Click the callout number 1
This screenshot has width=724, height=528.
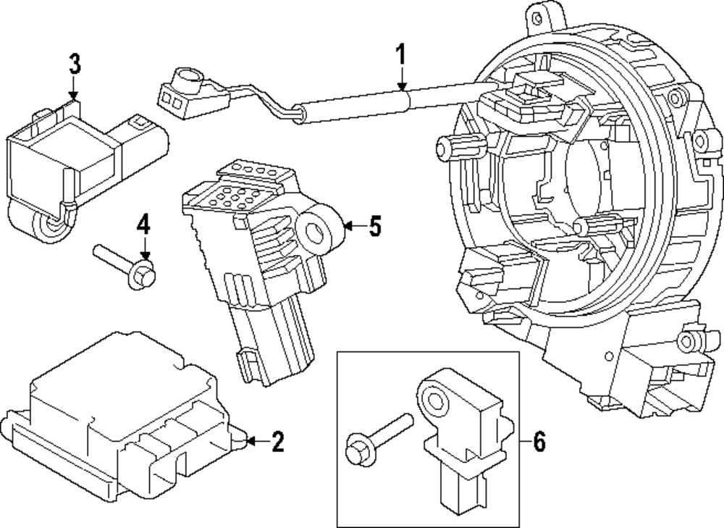[400, 56]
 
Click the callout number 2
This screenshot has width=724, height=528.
[277, 440]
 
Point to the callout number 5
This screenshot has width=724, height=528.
[374, 227]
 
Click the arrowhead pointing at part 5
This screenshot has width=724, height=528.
[347, 227]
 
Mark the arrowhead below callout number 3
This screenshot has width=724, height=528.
[73, 94]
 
